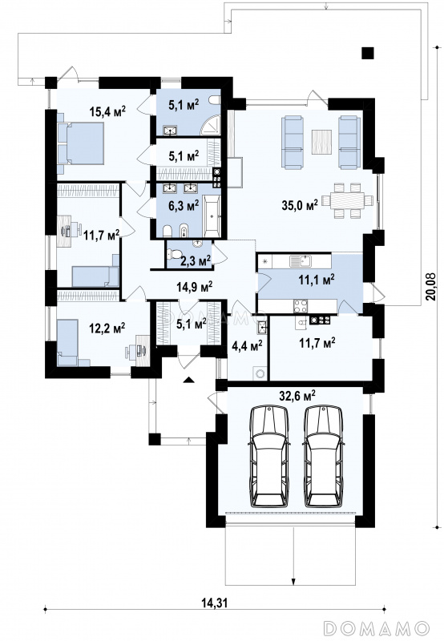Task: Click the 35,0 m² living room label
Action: (300, 205)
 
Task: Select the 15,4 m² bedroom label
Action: (107, 111)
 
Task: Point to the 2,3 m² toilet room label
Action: (196, 259)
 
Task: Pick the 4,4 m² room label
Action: (247, 346)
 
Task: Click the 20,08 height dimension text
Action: (430, 287)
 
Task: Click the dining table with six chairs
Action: (347, 201)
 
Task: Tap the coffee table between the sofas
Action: (321, 142)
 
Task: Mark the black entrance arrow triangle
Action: (188, 380)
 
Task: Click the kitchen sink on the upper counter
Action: (301, 260)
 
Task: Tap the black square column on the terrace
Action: (368, 53)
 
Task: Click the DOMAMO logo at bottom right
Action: (376, 627)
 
